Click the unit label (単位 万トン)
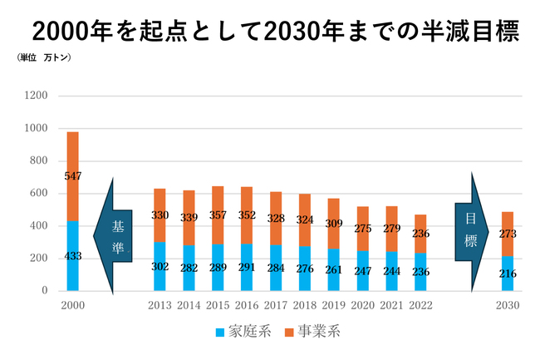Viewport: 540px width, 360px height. click(43, 58)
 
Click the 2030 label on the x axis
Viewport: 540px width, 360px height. click(507, 305)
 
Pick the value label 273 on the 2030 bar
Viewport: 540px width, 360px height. click(507, 234)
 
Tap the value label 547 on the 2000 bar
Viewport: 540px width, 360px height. click(73, 176)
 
